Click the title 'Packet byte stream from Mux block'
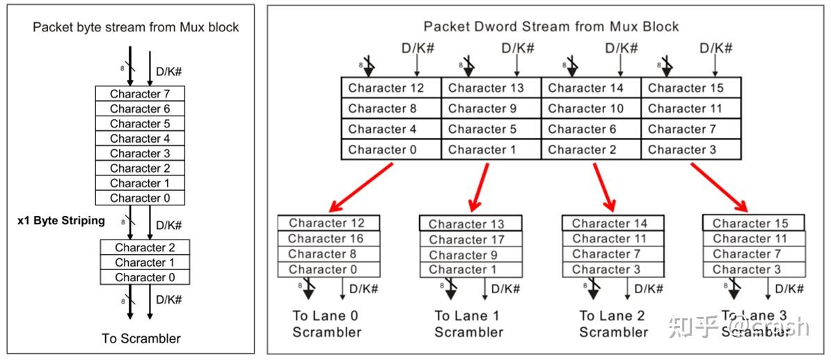click(x=136, y=28)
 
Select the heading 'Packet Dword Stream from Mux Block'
click(x=551, y=27)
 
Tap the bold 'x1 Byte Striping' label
click(x=61, y=221)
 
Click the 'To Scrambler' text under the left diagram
click(x=141, y=338)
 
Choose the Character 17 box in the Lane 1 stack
click(x=470, y=240)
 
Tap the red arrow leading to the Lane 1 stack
click(x=478, y=187)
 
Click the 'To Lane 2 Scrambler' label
click(x=613, y=324)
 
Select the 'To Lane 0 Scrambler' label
click(x=326, y=324)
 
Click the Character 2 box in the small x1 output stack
click(x=145, y=248)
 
